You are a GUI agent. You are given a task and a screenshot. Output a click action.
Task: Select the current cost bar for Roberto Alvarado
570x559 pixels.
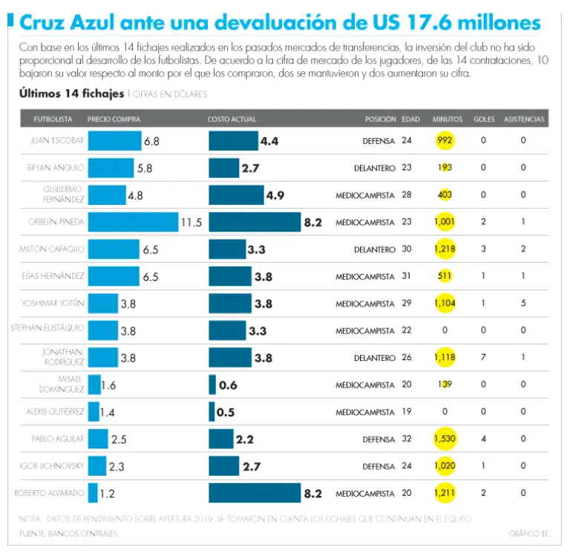[x=254, y=493]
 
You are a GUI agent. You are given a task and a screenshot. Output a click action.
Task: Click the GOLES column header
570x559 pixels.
[x=484, y=119]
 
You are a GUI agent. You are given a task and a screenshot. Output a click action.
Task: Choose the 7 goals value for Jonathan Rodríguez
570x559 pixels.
[x=483, y=358]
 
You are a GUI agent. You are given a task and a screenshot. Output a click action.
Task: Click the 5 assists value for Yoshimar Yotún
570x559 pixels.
[x=523, y=304]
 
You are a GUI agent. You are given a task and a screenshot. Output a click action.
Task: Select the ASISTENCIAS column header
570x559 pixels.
[x=524, y=119]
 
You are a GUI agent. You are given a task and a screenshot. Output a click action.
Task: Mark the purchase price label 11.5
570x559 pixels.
[x=191, y=222]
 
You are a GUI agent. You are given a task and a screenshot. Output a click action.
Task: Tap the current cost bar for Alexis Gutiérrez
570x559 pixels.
[x=212, y=412]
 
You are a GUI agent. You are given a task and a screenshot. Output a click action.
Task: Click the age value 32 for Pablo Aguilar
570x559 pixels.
[x=407, y=439]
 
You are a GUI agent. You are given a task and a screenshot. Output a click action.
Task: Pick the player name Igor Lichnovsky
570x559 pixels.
[x=56, y=466]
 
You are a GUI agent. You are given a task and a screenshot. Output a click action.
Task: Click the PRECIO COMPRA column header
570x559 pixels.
[x=114, y=119]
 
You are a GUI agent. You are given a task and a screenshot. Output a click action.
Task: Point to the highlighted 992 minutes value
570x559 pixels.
[x=445, y=140]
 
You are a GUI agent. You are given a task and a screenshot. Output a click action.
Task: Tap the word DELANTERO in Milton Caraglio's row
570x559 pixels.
[x=374, y=249]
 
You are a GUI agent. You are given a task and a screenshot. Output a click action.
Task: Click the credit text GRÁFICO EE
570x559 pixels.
[x=528, y=533]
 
